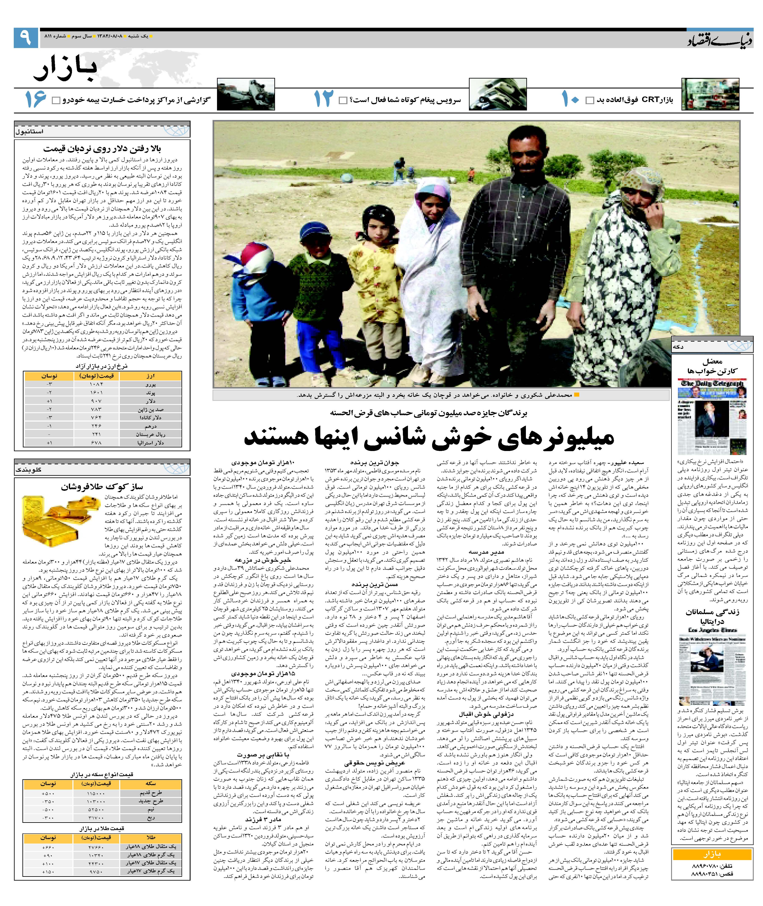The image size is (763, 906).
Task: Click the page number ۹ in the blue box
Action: (x=26, y=38)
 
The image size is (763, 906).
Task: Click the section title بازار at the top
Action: (x=66, y=68)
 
